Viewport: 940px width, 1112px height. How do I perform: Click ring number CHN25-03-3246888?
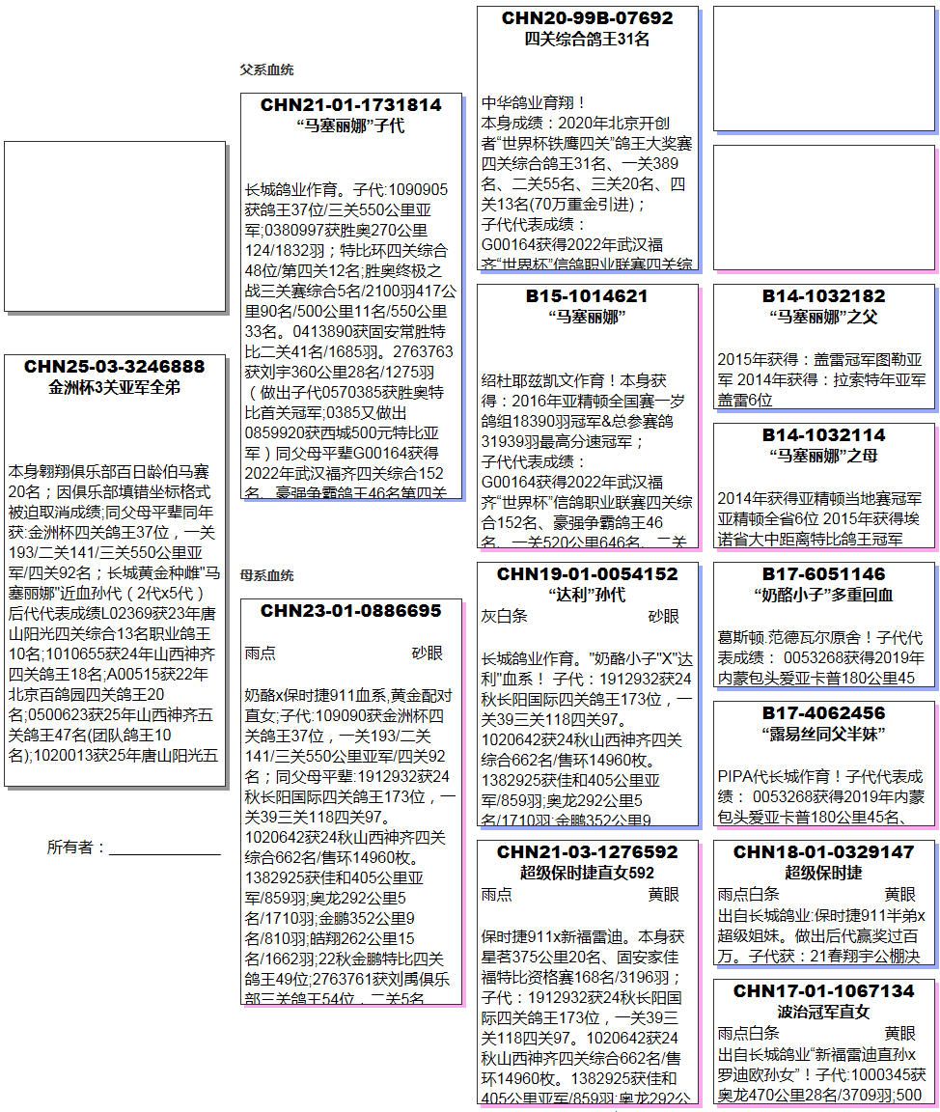tap(115, 367)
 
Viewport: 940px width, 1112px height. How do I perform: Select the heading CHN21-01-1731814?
tap(351, 105)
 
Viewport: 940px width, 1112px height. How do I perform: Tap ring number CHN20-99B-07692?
tap(587, 18)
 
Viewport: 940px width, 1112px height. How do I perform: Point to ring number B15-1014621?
tap(587, 296)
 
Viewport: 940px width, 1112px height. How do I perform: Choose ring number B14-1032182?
tap(824, 296)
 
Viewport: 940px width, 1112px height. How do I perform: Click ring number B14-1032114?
tap(824, 435)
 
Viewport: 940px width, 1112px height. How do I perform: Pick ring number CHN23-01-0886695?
tap(351, 611)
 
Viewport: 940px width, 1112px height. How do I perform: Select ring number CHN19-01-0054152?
tap(587, 574)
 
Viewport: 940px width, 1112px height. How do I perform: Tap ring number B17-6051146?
tap(824, 574)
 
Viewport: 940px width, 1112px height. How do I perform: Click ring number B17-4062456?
tap(824, 713)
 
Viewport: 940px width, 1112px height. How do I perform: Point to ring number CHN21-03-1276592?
tap(587, 852)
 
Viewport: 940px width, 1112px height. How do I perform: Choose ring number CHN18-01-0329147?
tap(824, 852)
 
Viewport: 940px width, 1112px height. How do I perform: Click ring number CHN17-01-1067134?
tap(824, 991)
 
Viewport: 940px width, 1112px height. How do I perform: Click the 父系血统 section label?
tap(266, 70)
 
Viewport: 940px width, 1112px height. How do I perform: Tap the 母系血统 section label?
tap(266, 576)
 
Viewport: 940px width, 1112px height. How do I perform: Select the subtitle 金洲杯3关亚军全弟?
tap(115, 388)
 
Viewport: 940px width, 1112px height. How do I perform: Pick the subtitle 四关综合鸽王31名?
tap(587, 40)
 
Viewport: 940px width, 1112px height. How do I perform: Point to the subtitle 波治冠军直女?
tap(824, 1013)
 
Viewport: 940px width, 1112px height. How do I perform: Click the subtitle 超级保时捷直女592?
tap(587, 874)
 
